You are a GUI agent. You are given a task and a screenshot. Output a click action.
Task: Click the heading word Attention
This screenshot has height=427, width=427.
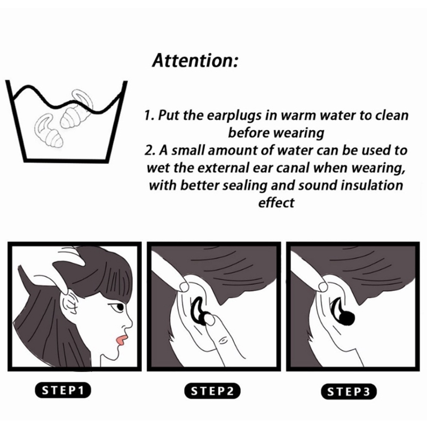coord(195,60)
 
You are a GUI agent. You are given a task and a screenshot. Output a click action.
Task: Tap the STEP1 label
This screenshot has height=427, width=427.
coord(63,390)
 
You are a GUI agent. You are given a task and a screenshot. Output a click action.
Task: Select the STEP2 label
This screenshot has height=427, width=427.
coord(212,391)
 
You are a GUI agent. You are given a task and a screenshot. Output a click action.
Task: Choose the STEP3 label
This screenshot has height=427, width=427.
coord(349,392)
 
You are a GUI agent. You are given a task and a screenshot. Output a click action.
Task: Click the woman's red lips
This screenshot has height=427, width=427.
coord(121,339)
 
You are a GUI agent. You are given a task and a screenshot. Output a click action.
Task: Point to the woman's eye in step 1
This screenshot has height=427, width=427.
coord(119,308)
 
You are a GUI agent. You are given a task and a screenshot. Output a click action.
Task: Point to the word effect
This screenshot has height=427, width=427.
coord(276,203)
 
